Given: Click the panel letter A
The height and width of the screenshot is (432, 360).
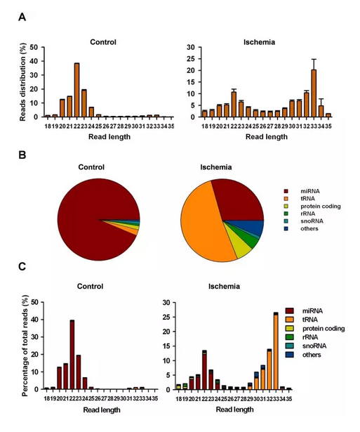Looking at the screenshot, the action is (22, 18).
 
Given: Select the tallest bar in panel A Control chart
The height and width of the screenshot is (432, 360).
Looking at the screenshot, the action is (76, 90).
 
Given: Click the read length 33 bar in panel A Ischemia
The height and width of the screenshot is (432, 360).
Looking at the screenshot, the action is (314, 93).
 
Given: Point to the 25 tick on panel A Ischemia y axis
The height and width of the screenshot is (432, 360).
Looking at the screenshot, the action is (191, 59).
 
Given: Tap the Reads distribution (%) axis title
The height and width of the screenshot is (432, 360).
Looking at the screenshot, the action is (22, 81).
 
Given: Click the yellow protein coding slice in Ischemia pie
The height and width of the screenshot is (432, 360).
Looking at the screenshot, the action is (239, 246).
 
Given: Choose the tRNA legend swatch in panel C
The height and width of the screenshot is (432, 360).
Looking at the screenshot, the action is (290, 320).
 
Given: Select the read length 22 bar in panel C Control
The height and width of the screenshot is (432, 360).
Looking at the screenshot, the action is (72, 355).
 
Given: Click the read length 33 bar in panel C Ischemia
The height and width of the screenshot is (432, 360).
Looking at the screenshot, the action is (276, 351).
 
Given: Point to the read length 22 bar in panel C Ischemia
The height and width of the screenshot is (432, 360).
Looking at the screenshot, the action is (204, 370).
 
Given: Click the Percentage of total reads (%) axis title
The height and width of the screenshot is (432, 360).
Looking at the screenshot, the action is (25, 346).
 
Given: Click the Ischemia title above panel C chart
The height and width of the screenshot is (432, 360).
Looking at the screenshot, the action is (224, 287).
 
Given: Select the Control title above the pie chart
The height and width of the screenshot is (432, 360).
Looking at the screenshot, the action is (91, 167).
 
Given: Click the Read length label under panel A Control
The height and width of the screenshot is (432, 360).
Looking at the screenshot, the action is (109, 137).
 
